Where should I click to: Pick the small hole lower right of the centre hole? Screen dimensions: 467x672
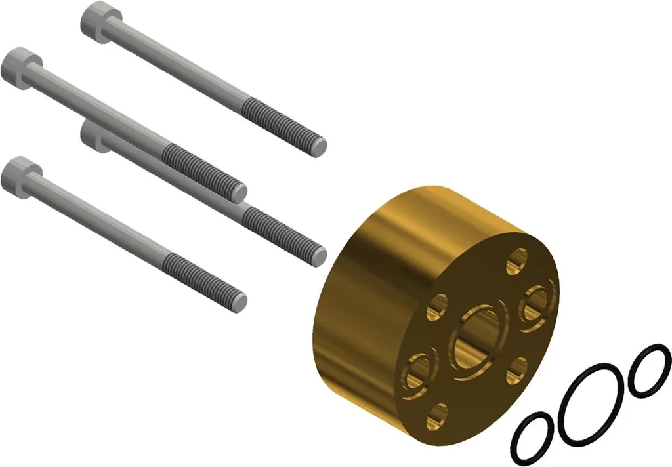(518, 369)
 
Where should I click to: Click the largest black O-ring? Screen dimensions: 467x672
(591, 402)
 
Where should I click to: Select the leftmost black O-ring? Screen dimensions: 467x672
(537, 435)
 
